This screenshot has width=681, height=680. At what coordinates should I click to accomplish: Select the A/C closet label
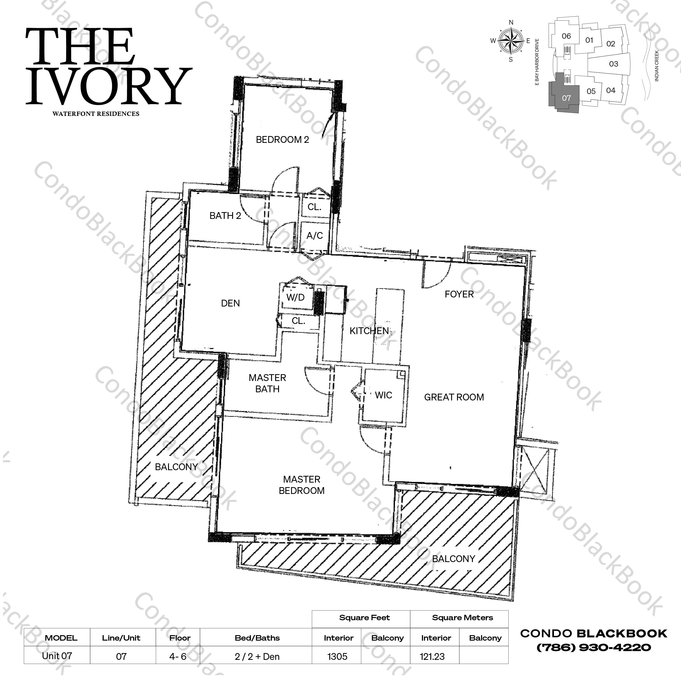314,235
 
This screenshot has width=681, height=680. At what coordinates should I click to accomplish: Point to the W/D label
295,297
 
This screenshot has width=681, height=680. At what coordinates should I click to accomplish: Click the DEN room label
230,303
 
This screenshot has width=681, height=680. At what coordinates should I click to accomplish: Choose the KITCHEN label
369,331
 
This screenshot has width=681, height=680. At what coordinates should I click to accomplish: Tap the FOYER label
459,294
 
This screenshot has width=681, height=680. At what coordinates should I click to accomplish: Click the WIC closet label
383,395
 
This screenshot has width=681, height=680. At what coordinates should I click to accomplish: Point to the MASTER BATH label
267,383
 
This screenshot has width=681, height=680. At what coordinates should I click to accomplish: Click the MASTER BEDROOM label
301,485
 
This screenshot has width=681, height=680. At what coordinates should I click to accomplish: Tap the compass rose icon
511,41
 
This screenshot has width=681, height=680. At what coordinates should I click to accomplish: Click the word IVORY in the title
109,86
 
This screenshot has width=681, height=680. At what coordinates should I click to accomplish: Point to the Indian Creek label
656,66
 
